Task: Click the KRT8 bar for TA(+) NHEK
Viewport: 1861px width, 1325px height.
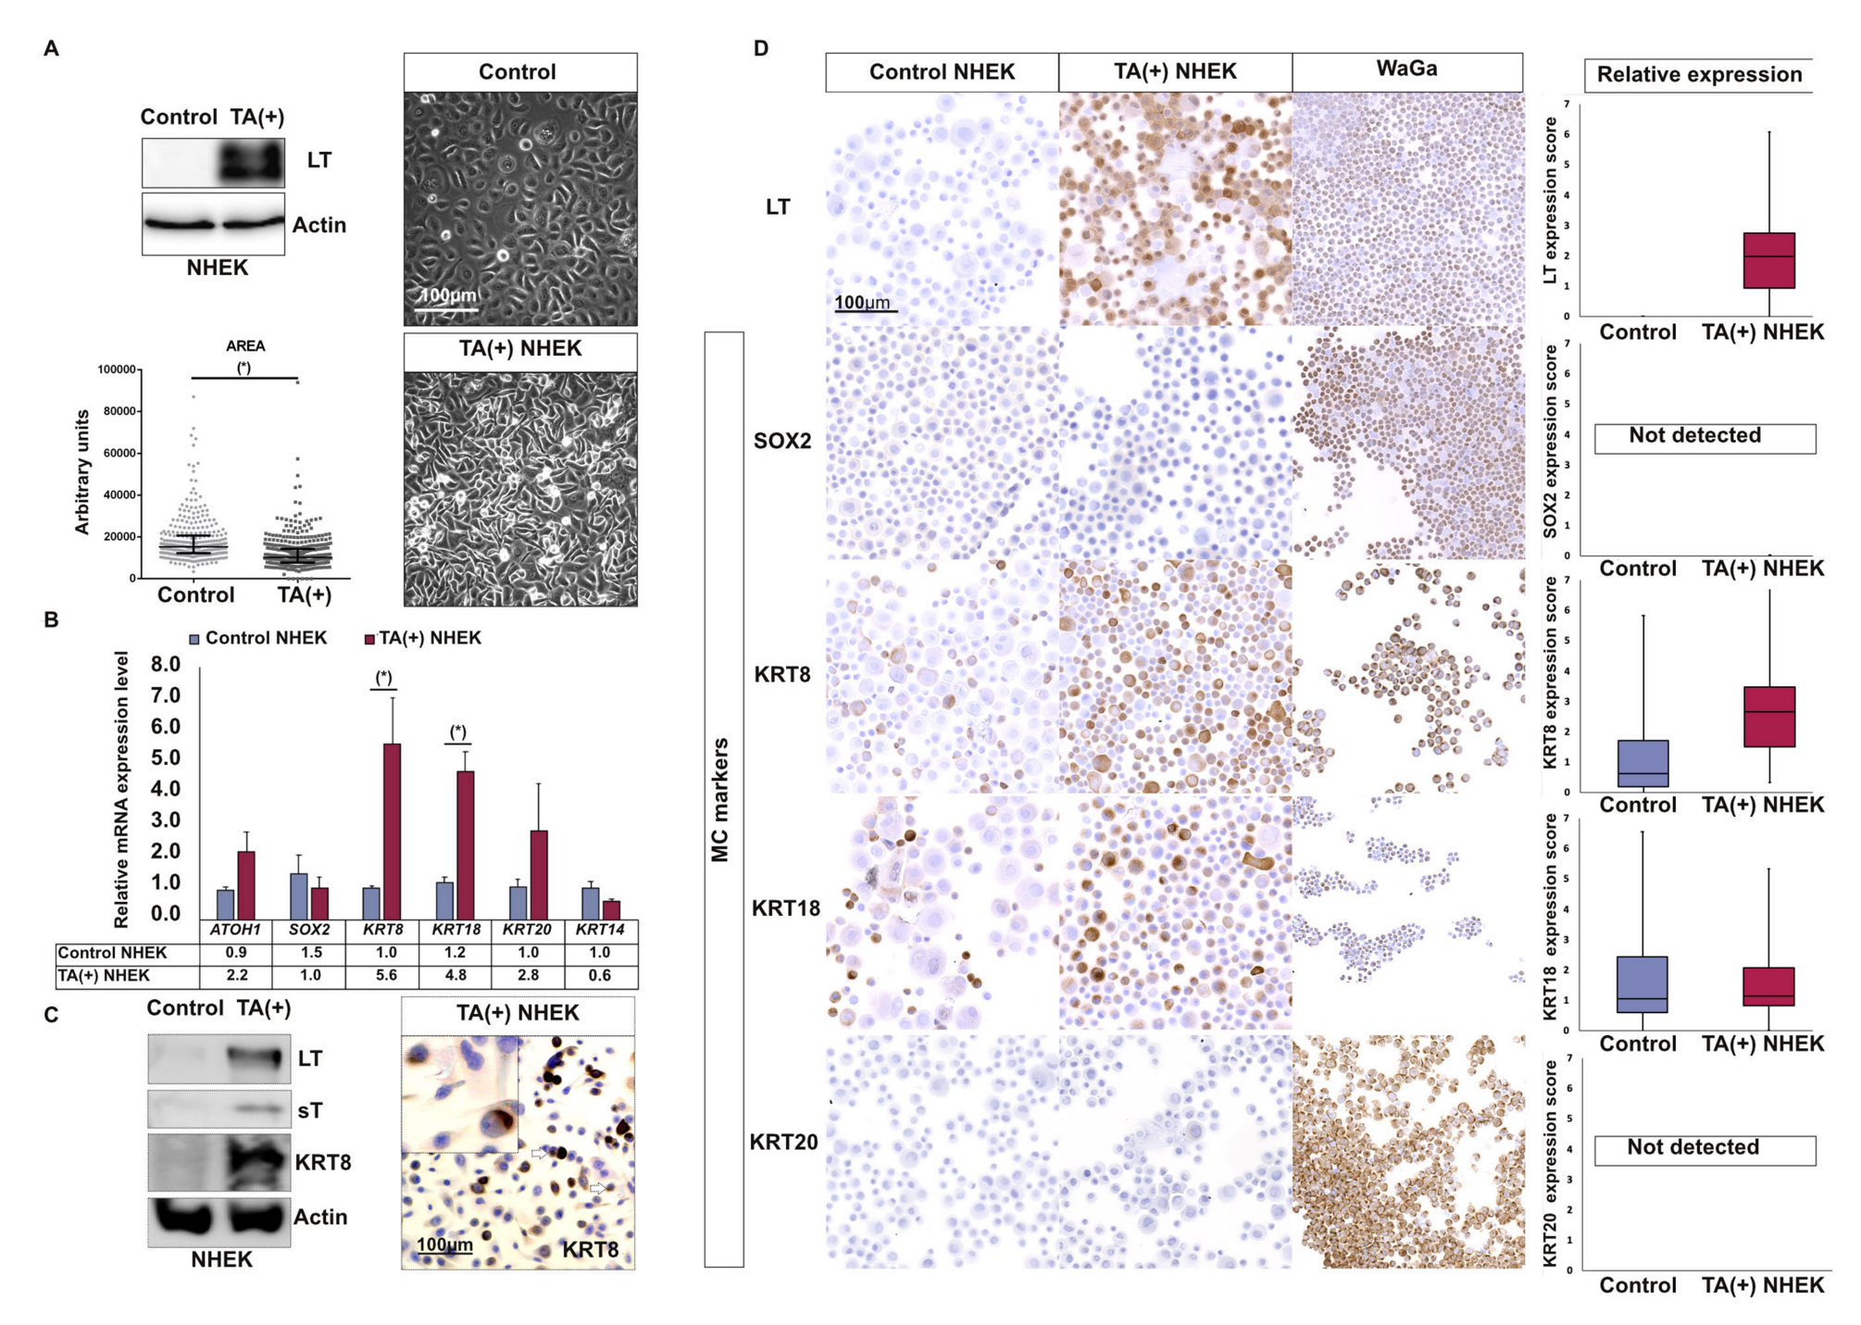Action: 392,830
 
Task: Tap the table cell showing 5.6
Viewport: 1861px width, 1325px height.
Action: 385,975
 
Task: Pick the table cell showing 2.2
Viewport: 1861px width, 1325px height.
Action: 236,975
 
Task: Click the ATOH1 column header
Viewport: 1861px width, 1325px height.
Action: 235,929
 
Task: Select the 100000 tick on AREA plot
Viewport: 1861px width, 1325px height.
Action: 117,369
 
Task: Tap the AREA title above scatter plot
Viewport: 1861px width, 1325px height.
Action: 245,345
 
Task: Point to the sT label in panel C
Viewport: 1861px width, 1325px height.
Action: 310,1110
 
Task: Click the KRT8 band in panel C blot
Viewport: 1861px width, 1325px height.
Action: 255,1162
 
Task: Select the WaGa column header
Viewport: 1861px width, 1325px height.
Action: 1406,69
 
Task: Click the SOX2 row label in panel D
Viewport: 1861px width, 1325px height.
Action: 781,441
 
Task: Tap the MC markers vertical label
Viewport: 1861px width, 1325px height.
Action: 721,799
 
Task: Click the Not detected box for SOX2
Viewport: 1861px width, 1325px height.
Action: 1704,437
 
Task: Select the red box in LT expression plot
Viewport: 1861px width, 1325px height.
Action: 1768,260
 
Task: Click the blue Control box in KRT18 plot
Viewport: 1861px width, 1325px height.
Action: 1641,984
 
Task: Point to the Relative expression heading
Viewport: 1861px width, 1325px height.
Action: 1699,75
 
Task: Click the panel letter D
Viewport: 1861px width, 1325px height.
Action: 761,48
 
